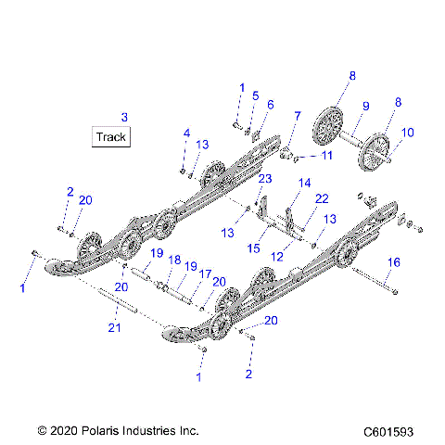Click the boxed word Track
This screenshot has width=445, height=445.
point(110,137)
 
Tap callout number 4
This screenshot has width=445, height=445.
point(185,133)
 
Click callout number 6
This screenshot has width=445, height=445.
point(270,105)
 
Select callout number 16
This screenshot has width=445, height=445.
point(394,263)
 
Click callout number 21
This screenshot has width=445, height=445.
point(114,326)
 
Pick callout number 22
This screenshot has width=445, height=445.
point(322,198)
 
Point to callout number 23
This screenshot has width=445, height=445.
point(264,179)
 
